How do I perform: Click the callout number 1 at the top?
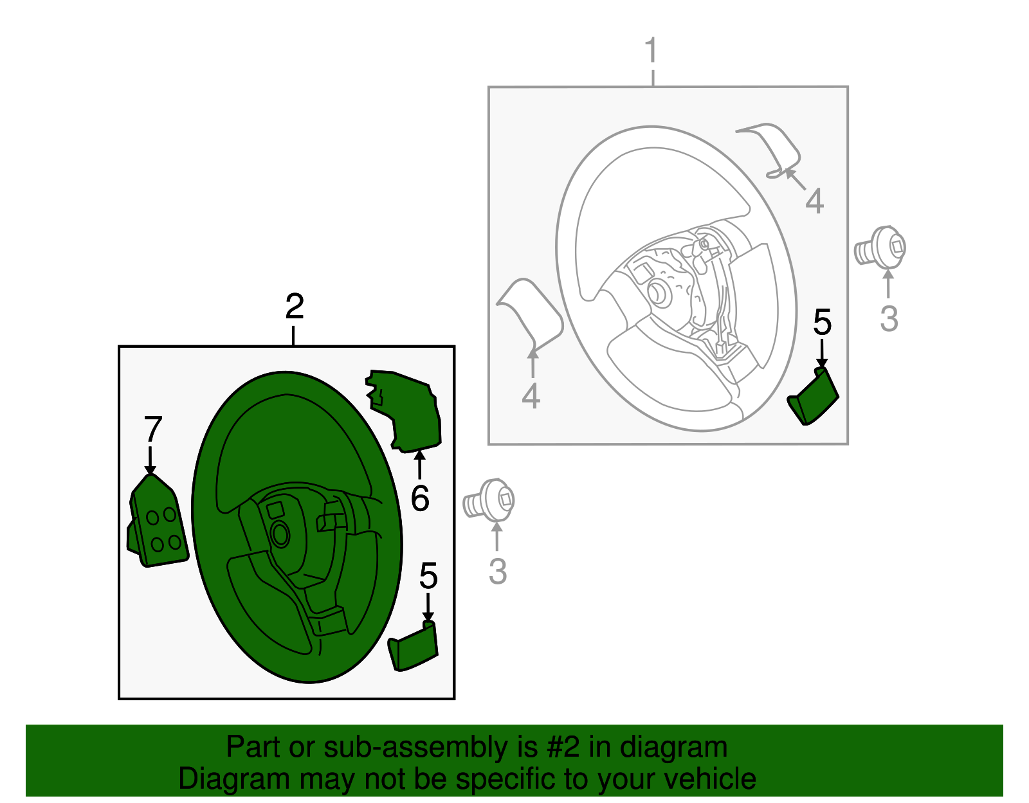(x=651, y=51)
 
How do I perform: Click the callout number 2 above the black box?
(x=294, y=307)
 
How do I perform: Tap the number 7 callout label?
(x=152, y=429)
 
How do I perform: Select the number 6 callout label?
(x=419, y=498)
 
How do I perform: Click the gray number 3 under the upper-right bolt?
(x=889, y=319)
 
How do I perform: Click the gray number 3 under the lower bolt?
(x=497, y=572)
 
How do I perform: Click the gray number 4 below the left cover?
(x=531, y=396)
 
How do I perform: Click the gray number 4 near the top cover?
(x=814, y=201)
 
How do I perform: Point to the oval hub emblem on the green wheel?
(x=280, y=534)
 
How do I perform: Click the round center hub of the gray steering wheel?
(x=659, y=292)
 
